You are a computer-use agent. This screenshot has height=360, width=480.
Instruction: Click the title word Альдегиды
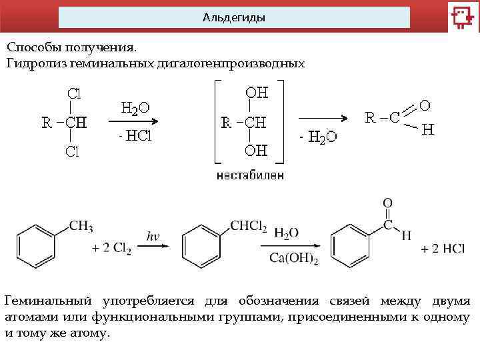coord(233,17)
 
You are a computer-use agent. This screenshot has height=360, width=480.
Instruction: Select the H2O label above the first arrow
coord(135,108)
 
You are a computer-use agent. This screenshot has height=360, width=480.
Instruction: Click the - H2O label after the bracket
coord(318,137)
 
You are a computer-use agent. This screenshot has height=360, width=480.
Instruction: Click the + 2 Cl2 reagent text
coord(111,248)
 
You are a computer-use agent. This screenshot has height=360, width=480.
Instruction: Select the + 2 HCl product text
coord(443,249)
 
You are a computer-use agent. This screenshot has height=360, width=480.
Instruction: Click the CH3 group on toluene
coord(81,226)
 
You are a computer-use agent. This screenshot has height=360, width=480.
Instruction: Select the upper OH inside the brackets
coord(257,93)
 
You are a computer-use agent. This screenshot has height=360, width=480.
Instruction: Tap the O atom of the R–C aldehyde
coord(424,105)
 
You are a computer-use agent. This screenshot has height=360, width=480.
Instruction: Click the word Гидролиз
coord(31,64)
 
